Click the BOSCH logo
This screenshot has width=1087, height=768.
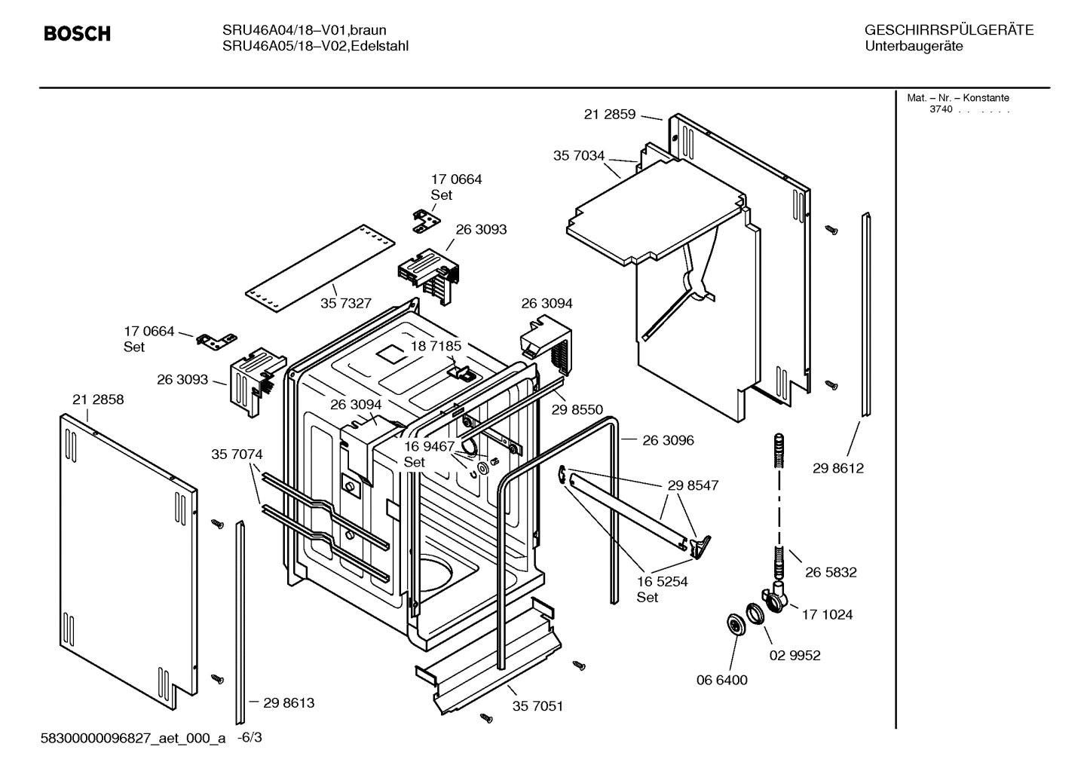coord(77,34)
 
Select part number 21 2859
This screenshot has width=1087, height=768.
coord(609,115)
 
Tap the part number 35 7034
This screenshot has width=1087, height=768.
coord(579,156)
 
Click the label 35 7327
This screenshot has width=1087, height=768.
coord(346,303)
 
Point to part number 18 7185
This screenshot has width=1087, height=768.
coord(436,346)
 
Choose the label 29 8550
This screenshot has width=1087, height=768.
coord(577,409)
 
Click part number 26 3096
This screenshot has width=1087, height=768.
coord(668,440)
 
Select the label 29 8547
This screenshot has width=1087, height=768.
coord(693,485)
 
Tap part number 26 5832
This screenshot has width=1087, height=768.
coord(831,572)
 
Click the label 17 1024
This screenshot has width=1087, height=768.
coord(827,614)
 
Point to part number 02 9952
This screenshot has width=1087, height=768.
coord(795,655)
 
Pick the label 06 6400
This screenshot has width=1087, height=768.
coord(721,680)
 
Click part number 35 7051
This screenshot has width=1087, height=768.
coord(537,706)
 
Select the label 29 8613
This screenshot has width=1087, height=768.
coord(289,702)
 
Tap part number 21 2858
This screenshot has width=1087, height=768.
coord(98,399)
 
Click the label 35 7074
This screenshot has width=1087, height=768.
coord(237,454)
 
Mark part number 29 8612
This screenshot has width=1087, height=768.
coord(838,468)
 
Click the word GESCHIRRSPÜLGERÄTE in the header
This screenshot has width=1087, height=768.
coord(949,30)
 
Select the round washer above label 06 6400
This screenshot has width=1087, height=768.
coord(733,624)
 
